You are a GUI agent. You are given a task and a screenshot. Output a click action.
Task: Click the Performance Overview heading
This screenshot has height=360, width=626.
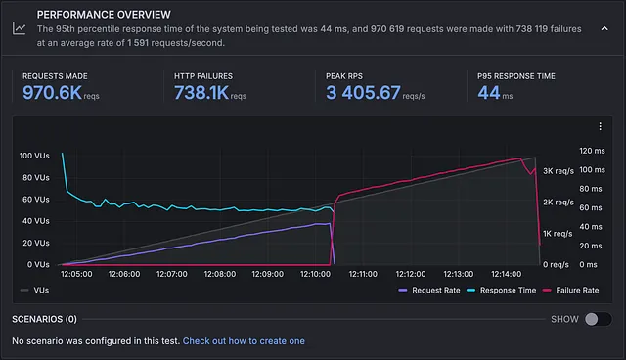tap(104, 15)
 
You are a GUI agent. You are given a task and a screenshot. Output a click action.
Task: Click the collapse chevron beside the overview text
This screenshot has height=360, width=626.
tap(604, 28)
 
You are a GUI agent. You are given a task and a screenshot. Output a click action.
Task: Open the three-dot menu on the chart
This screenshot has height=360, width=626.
tap(600, 126)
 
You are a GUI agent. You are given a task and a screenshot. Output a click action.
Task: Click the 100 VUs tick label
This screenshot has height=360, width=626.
tap(34, 156)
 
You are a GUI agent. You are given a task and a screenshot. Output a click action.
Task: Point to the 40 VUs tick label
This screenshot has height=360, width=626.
tap(36, 221)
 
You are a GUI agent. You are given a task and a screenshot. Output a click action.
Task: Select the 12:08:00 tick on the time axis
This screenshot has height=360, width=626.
tap(219, 274)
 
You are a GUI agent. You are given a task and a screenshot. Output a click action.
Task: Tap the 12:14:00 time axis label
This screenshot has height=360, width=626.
tap(507, 274)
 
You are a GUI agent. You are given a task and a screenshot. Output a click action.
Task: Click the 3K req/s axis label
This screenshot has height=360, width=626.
tap(559, 171)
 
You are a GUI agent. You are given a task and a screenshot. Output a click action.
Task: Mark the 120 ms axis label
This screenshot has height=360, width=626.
tap(592, 151)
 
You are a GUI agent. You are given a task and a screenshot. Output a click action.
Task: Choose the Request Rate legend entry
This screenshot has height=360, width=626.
tap(429, 291)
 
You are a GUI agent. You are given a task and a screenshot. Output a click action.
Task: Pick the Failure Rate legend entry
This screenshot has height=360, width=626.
tap(571, 291)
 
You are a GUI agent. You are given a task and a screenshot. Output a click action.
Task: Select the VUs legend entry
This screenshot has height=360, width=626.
tap(35, 291)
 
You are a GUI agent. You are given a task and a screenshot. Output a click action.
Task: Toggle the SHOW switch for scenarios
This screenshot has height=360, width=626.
tap(598, 319)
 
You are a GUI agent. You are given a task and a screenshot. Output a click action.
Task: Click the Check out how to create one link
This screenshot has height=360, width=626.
tap(244, 341)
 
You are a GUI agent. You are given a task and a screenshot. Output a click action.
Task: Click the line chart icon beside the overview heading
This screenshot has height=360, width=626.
tap(20, 28)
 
